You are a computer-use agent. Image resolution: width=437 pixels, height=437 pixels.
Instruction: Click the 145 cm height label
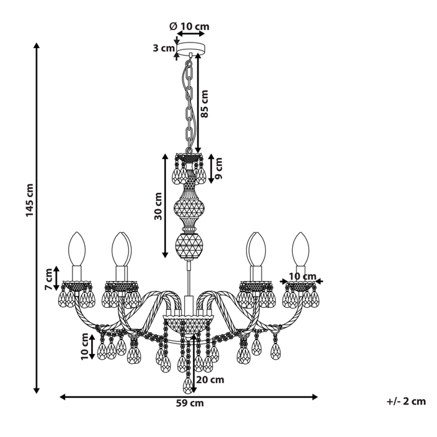coord(29,200)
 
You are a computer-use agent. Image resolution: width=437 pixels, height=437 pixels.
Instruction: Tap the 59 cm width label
coord(190,403)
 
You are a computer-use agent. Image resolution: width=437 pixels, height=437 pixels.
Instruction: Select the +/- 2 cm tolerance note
coord(406,401)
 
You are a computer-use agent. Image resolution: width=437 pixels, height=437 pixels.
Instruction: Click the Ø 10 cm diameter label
coord(189,26)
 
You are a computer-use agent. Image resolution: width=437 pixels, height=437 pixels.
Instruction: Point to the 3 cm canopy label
coord(164,48)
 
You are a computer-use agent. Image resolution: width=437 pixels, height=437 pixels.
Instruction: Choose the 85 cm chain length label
coord(205,104)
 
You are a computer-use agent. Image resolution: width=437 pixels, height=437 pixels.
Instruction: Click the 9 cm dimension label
coord(219,169)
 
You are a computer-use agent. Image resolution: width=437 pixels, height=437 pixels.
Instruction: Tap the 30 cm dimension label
coord(158,206)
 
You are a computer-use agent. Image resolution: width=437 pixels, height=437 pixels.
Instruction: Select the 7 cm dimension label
coord(49,279)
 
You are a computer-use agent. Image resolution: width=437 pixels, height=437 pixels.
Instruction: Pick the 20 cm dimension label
coord(210,380)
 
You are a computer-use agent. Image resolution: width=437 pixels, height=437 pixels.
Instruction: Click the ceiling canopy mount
coord(191,48)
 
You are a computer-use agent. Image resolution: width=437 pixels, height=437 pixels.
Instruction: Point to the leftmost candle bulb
coord(77,249)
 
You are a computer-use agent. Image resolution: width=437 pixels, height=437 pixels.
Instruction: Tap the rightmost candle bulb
coord(301,249)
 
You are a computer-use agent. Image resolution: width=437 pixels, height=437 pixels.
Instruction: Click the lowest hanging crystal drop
coord(189,385)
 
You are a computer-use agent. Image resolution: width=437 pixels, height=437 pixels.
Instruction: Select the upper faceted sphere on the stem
coord(190,207)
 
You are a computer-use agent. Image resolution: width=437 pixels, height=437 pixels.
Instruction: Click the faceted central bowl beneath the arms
coord(189,325)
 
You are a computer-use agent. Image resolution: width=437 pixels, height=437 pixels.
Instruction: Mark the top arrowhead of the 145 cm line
coord(36,45)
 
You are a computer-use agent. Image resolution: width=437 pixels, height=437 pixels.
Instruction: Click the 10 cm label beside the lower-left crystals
coord(86,346)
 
